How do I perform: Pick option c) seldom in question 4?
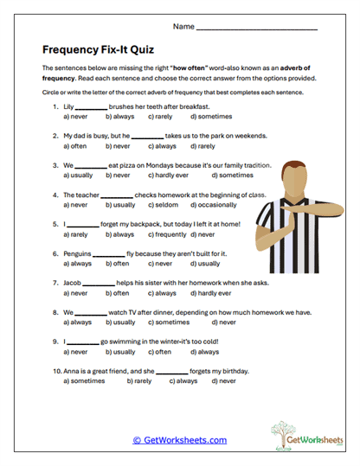pos(160,206)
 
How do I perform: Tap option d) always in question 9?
pos(208,352)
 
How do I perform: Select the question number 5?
pos(55,224)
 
